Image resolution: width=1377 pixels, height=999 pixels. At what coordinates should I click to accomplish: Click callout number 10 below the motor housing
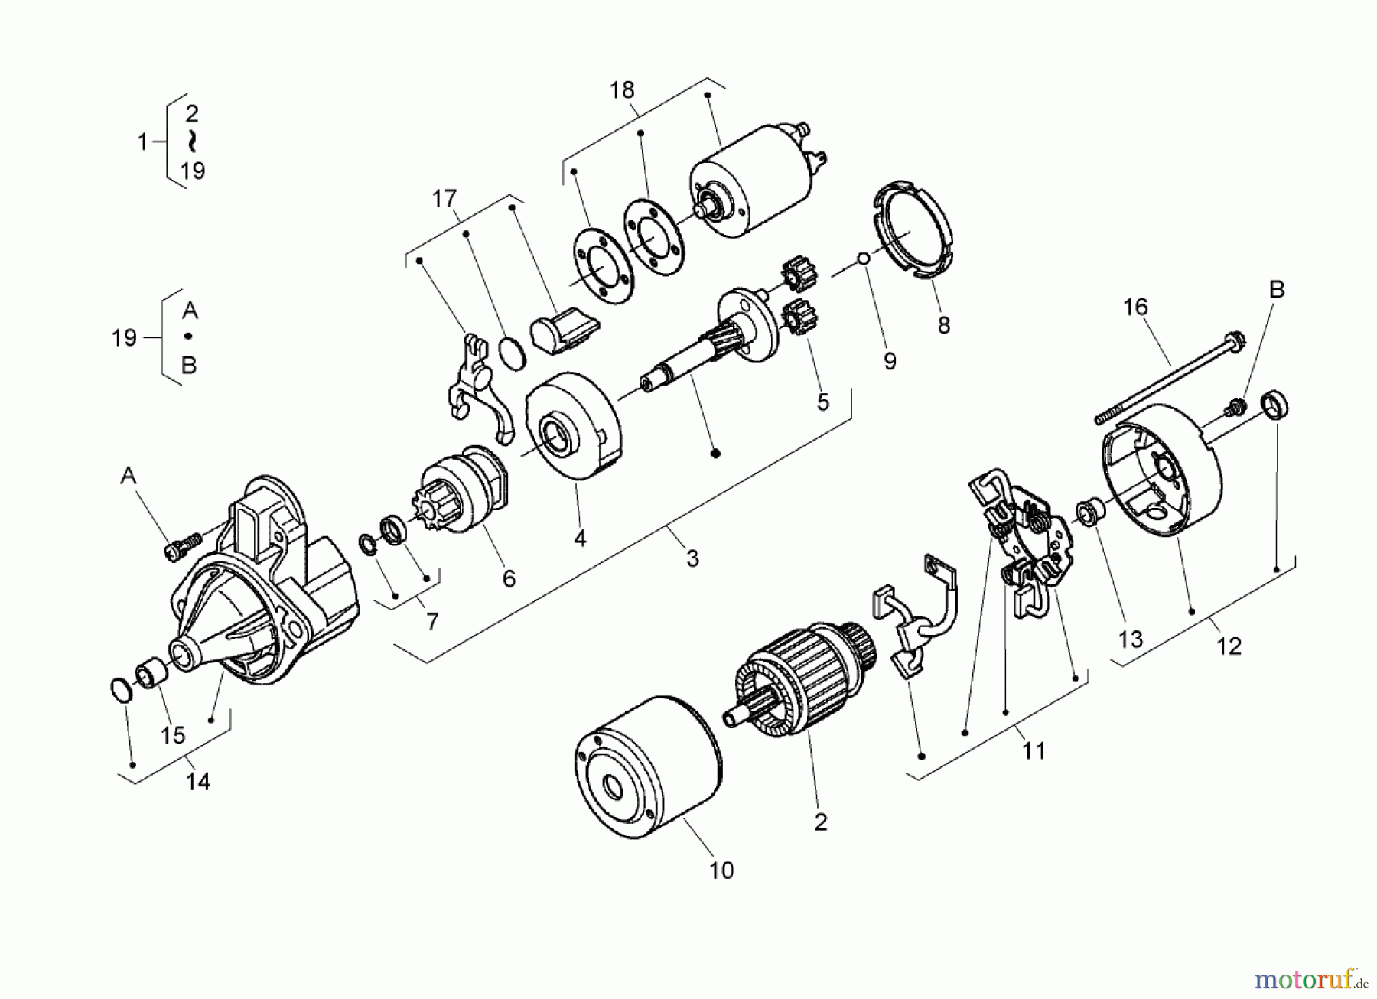pos(721,870)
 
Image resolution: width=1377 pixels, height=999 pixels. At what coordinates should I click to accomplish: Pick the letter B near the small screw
pos(1276,290)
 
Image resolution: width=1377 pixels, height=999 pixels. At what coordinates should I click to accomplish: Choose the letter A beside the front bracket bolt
pos(128,477)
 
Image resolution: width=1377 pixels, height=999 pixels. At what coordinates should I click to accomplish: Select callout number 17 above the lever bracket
pos(444,199)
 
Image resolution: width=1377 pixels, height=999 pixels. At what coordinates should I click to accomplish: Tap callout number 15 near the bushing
pos(174,735)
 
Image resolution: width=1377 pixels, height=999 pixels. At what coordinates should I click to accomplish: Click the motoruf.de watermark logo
pos(1310,978)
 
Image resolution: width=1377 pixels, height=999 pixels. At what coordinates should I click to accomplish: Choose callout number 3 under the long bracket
pos(692,558)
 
